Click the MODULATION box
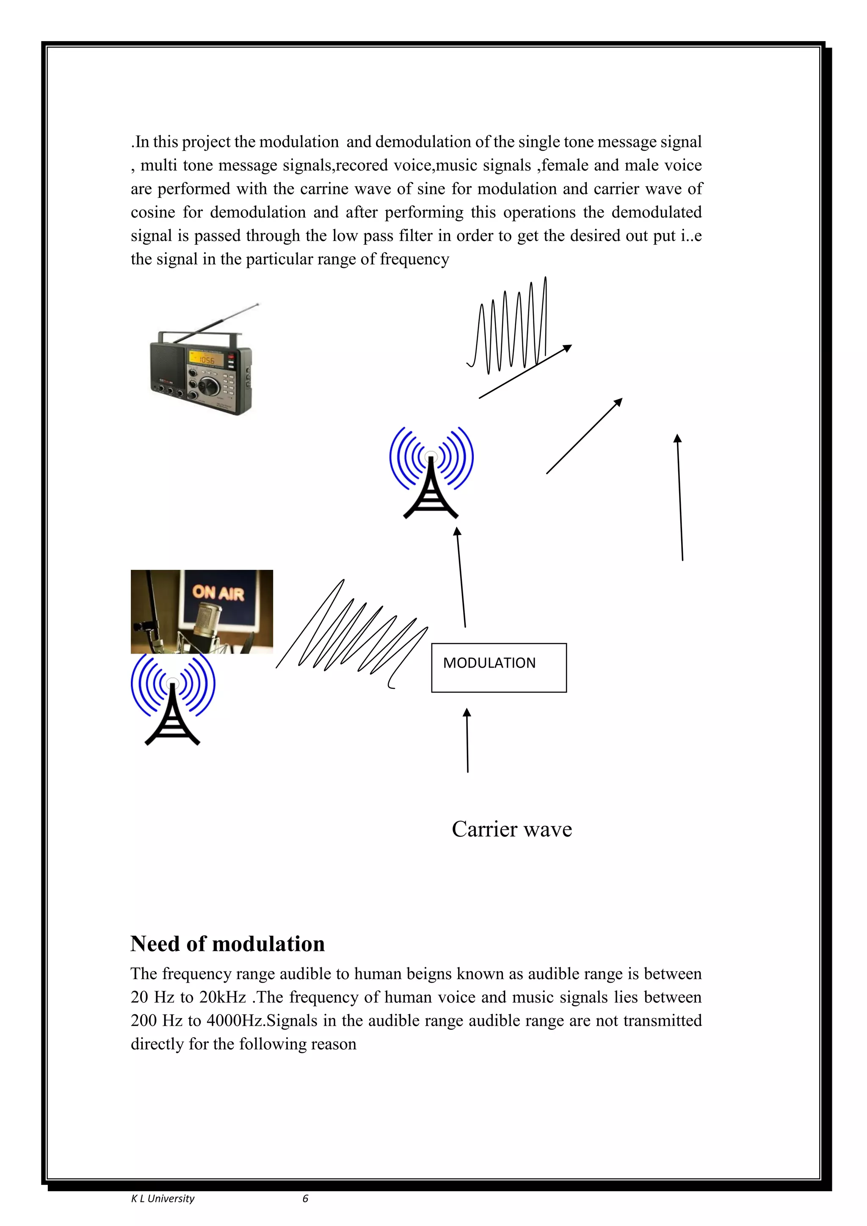tap(499, 668)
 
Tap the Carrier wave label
tap(511, 829)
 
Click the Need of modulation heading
tap(227, 944)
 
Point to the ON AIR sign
tap(218, 592)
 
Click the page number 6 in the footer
tap(305, 1198)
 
